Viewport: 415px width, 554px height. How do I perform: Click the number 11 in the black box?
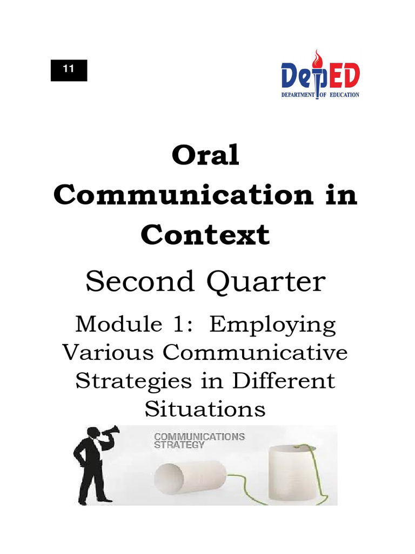69,70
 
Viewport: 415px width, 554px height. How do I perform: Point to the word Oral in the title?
205,157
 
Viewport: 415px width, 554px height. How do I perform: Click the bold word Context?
205,235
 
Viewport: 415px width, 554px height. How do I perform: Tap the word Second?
135,282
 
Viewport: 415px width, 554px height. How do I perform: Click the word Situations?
205,408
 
